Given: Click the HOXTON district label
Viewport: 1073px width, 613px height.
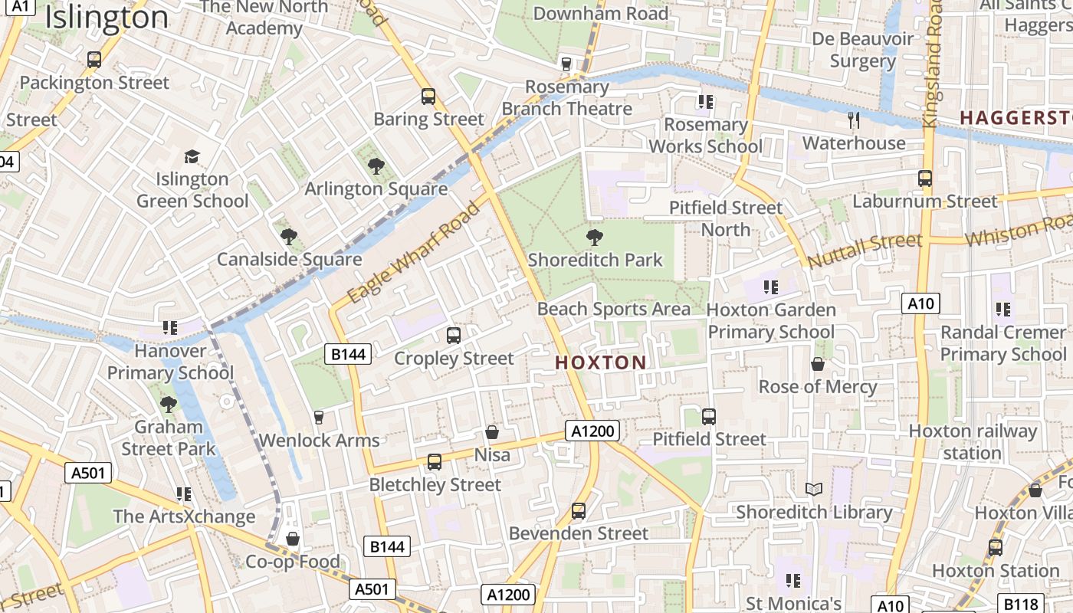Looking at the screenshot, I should coord(600,362).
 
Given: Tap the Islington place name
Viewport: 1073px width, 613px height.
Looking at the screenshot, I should coord(107,18).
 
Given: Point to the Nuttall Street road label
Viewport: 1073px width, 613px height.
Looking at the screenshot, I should coord(864,250).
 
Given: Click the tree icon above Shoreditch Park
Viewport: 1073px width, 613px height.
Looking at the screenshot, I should coord(594,237).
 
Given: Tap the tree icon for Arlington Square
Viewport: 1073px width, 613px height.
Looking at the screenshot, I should coord(376,166).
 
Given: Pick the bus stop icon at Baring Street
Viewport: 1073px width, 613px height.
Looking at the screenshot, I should coord(428,97).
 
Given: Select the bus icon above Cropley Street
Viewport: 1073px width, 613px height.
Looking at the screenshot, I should coord(454,335).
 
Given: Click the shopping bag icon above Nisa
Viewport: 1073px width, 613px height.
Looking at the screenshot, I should coord(492,432).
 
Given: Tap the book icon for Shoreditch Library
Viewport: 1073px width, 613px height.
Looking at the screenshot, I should coord(814,489).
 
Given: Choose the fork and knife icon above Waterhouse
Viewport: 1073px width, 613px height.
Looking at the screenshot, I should coord(854,120).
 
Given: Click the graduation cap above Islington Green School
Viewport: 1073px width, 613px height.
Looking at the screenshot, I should coord(192,156).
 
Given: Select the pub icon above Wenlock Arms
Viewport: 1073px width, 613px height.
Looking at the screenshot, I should coord(319,417).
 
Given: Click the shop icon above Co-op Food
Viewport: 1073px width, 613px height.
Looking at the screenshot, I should coord(292,539).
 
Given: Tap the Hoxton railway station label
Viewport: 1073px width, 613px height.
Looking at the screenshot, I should coord(972,441).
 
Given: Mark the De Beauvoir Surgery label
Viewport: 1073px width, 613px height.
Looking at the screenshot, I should coord(862,50).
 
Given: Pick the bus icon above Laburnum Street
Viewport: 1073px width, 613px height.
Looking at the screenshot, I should coord(925,179).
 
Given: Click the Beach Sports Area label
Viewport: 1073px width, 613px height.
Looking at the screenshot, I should coord(613,309).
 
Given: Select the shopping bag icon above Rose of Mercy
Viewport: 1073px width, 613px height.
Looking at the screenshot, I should coord(818,363).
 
